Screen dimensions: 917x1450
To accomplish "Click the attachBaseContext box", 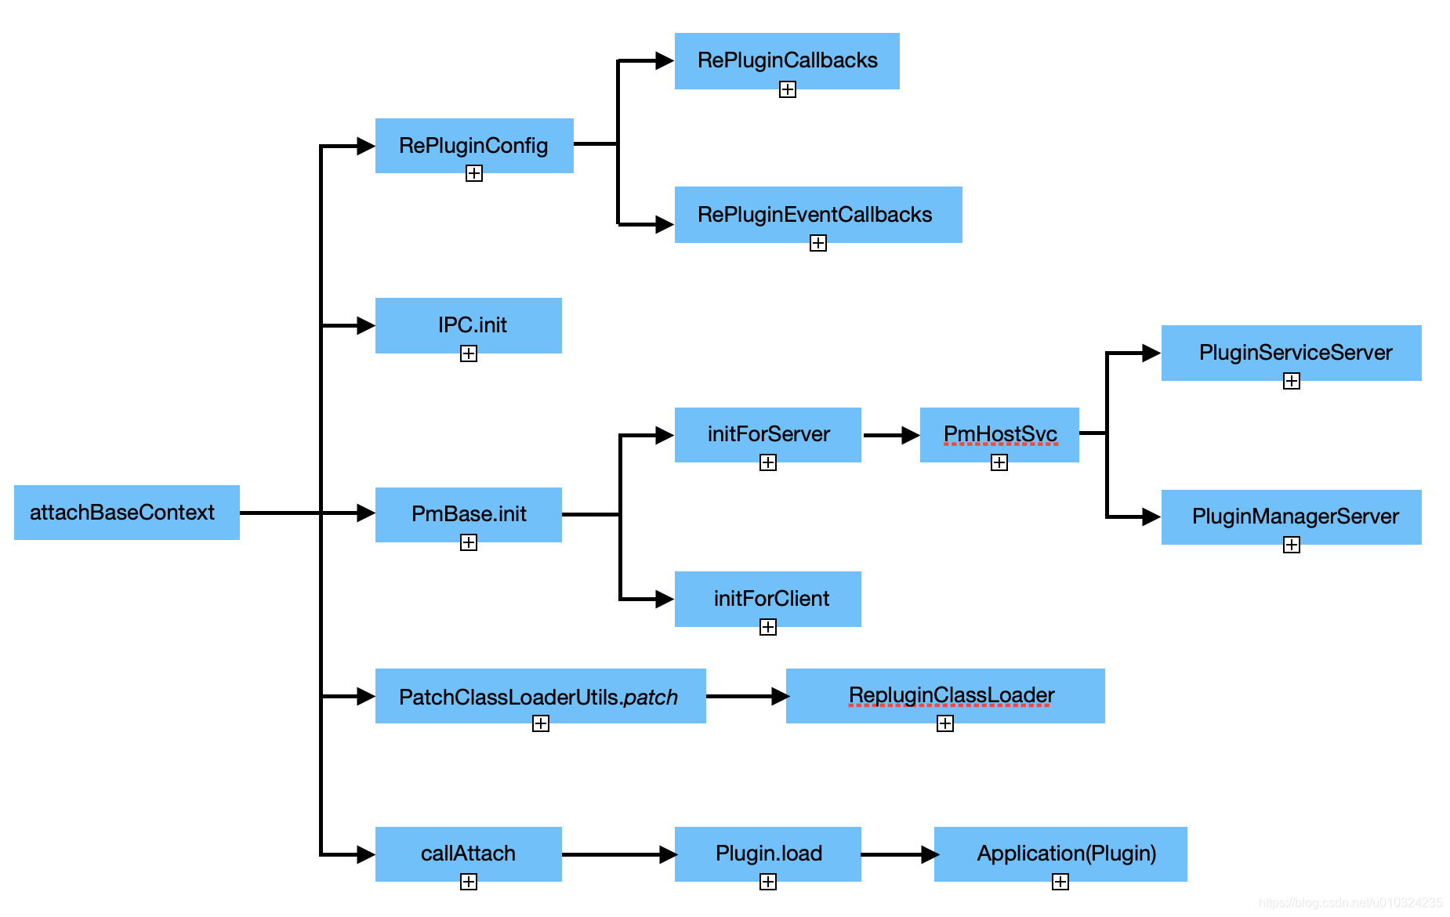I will (126, 513).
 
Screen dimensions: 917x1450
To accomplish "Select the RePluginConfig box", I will (473, 145).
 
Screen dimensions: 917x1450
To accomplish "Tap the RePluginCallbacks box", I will (786, 60).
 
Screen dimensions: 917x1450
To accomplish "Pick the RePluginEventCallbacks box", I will (817, 214).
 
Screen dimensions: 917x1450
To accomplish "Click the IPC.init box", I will (468, 324).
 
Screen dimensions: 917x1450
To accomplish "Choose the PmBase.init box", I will (468, 514).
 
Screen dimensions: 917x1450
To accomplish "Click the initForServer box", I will (767, 434).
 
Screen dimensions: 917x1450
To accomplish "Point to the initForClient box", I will (767, 598).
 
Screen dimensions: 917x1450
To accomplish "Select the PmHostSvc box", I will (999, 434).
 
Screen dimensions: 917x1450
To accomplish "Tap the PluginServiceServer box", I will (1291, 353).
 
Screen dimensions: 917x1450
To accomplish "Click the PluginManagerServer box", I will (1291, 516).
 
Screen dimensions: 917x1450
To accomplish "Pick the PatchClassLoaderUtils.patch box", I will (540, 695).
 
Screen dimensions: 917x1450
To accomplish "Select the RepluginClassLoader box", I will (944, 695).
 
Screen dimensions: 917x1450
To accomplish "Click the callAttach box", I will (468, 854).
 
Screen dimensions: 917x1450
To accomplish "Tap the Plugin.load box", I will (767, 854).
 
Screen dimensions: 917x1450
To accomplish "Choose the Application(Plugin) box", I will (1060, 854).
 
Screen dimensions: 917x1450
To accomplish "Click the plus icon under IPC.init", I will (469, 353).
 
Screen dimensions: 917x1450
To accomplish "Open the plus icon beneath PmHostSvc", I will (999, 462).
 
